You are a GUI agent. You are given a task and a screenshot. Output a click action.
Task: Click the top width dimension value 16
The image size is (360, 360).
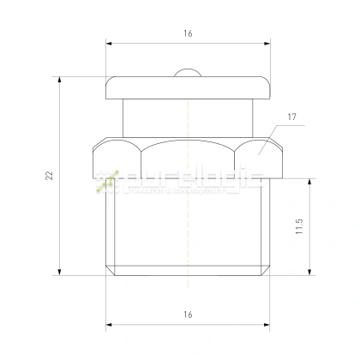click(x=187, y=33)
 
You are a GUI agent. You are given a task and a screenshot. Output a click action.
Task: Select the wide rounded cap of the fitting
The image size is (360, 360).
click(x=187, y=87)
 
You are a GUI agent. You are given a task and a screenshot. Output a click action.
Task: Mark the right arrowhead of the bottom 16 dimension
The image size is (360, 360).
click(x=264, y=327)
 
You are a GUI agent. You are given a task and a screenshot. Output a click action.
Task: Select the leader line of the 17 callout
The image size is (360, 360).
click(x=271, y=137)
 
